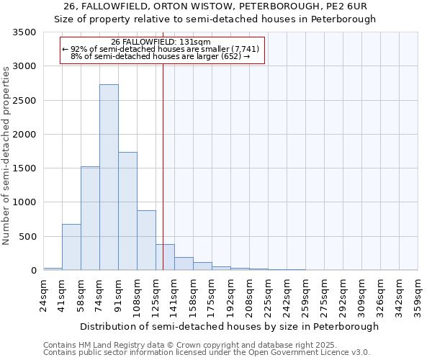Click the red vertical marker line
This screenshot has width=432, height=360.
[x=163, y=166]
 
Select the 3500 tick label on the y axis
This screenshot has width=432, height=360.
[x=24, y=33]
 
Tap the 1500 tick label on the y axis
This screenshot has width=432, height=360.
[x=24, y=168]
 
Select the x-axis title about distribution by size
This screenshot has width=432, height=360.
[x=229, y=326]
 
